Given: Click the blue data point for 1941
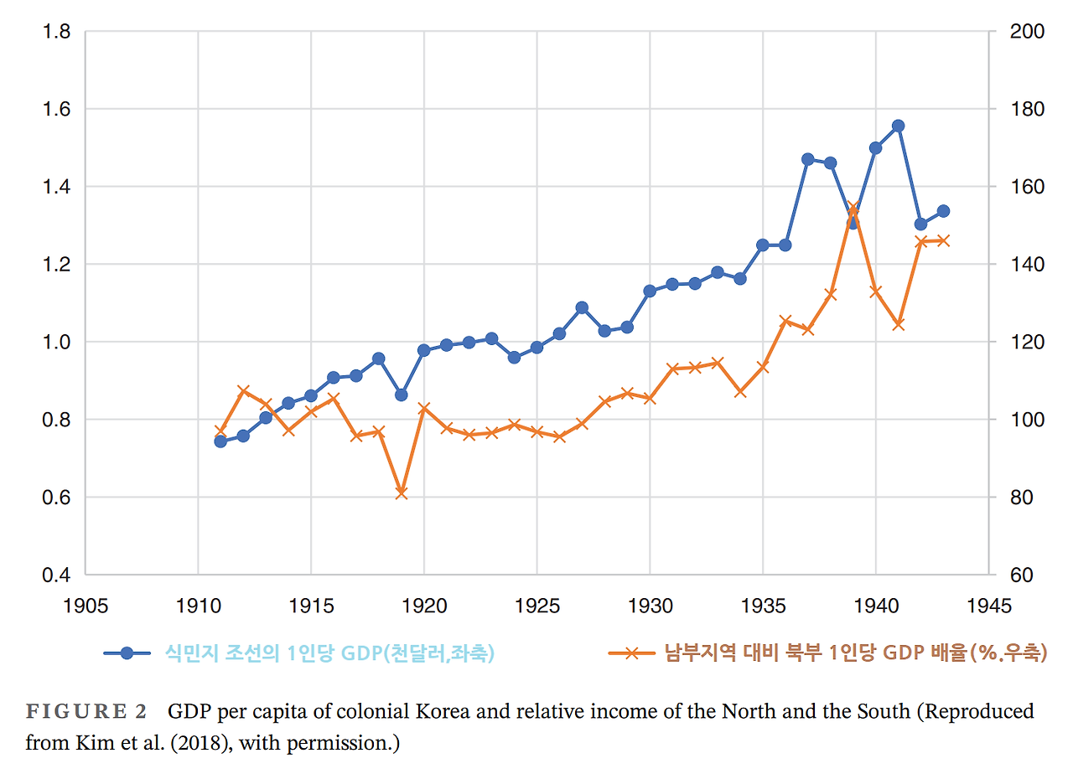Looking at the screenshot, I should coord(898,126).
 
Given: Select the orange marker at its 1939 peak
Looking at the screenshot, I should coord(853,207).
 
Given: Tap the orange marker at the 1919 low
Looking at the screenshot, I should coord(402,493).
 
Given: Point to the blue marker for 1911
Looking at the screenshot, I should coord(220,441).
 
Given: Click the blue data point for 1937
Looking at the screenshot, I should coord(808,159).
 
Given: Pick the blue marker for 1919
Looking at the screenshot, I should coord(402,395).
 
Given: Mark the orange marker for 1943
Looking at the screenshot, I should coord(943,240).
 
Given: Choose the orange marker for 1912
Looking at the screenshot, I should coord(243,391).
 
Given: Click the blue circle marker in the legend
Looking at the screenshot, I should coord(127,653).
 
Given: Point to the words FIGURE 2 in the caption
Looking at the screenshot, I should coord(87,712).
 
